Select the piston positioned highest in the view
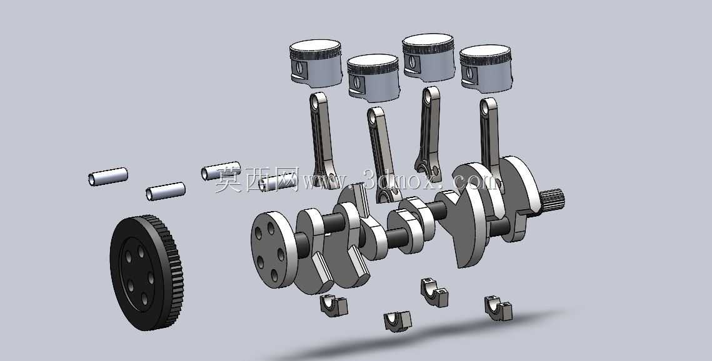pyautogui.click(x=428, y=56)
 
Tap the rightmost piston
pyautogui.click(x=486, y=68)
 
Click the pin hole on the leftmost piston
pyautogui.click(x=299, y=68)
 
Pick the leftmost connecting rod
pyautogui.click(x=323, y=138)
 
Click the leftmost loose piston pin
pyautogui.click(x=108, y=176)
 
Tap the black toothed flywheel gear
pyautogui.click(x=146, y=273)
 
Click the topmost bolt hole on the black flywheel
pyautogui.click(x=141, y=251)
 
